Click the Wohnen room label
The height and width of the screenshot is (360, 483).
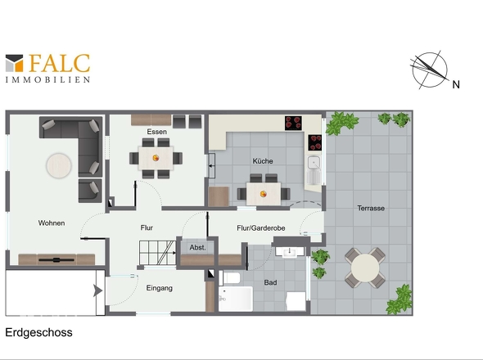(x=52, y=223)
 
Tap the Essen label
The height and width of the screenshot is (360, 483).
(x=157, y=132)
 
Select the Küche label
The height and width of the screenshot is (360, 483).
(x=263, y=161)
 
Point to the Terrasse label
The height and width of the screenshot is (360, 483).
(x=371, y=208)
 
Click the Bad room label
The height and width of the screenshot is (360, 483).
(x=270, y=282)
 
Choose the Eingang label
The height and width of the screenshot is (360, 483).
(x=160, y=288)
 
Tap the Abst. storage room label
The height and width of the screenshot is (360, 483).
(x=197, y=247)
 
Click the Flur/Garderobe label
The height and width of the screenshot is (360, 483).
(x=261, y=228)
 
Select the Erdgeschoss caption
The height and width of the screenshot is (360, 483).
(x=38, y=333)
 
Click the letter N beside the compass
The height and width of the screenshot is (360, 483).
(x=456, y=85)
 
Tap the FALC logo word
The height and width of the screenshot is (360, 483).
(x=60, y=64)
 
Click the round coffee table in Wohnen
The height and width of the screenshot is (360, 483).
(x=59, y=165)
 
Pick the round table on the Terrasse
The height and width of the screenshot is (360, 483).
(x=365, y=268)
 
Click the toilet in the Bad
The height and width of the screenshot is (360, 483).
(x=230, y=278)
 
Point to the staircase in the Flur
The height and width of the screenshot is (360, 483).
(x=157, y=253)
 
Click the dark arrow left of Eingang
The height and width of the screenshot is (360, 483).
(x=97, y=291)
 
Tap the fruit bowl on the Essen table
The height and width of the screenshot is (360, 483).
(x=156, y=158)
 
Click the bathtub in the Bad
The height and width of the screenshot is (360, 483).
(x=236, y=299)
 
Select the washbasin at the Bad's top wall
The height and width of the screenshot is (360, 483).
(x=290, y=252)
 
